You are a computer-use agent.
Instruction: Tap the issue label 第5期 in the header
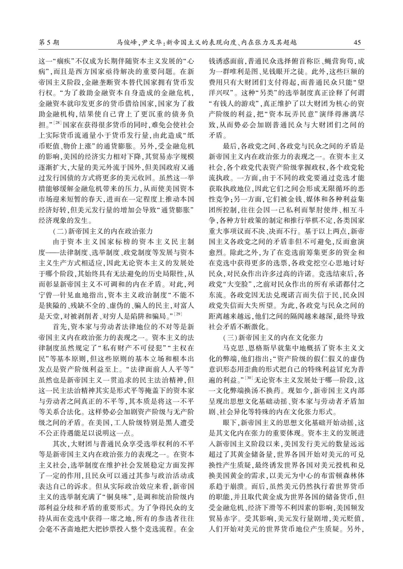(49, 42)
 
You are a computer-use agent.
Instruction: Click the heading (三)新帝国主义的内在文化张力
(273, 338)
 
